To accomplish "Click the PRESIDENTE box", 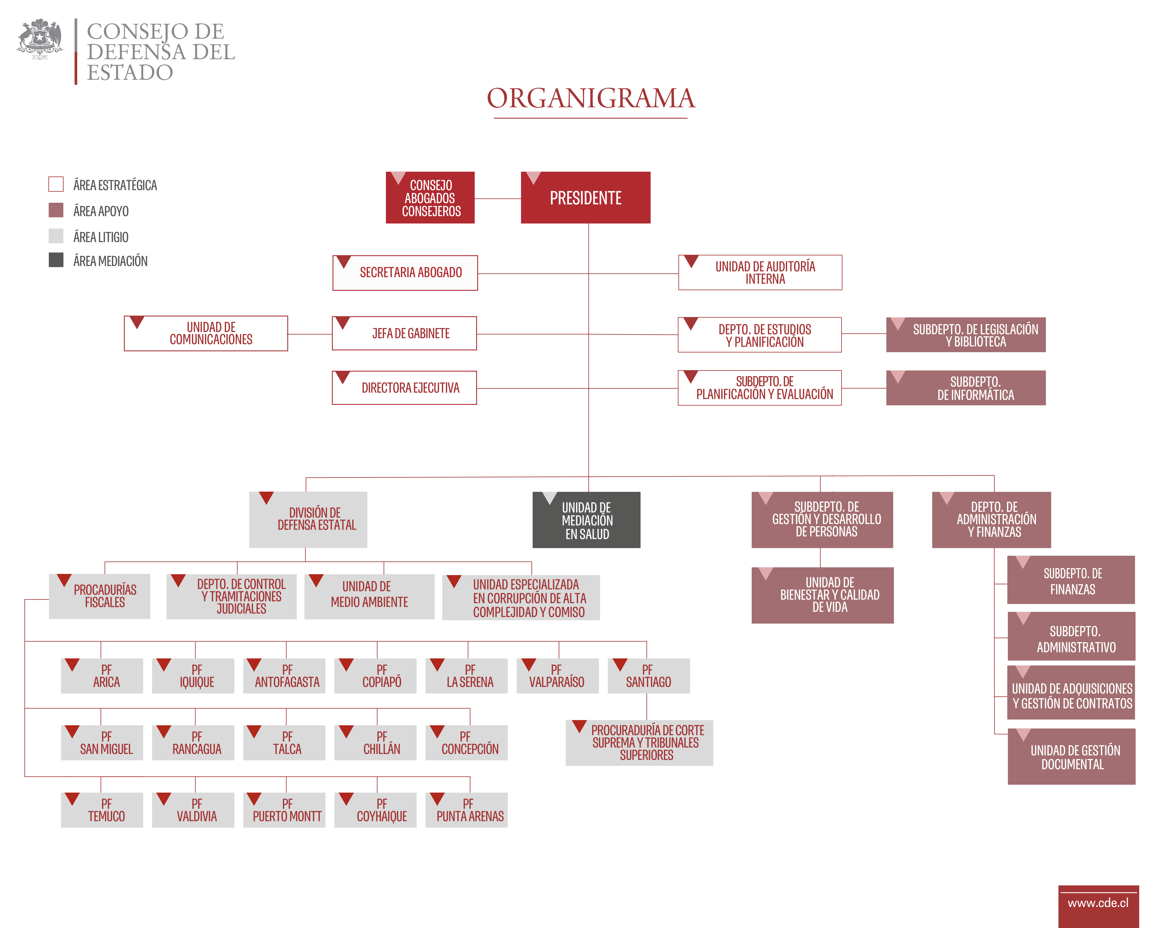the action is [x=585, y=197].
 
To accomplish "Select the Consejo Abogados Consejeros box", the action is [x=430, y=197].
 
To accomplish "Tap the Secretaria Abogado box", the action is [x=405, y=273].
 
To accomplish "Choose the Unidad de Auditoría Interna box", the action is [x=760, y=273].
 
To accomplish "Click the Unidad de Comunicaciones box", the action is [x=206, y=333].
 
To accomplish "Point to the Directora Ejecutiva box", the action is [x=404, y=387].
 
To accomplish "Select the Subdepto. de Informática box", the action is [x=966, y=387].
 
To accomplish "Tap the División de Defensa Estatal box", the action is [x=308, y=520].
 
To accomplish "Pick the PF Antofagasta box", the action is [x=284, y=676].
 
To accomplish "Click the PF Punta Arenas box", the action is [x=466, y=810].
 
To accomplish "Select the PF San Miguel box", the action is [x=101, y=743].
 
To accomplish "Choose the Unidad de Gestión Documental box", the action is [x=1071, y=756].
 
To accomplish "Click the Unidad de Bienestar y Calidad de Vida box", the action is [x=822, y=595].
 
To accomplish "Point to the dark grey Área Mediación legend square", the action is [x=56, y=260].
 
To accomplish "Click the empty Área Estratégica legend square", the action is [x=56, y=184].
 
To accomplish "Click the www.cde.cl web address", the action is [x=1098, y=903].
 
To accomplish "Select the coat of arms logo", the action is [x=40, y=38].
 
